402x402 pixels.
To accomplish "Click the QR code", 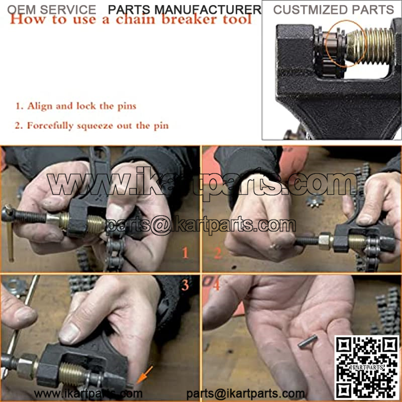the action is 367,368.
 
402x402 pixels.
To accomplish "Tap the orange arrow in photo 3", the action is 145,375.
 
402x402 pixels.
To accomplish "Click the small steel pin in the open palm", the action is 308,341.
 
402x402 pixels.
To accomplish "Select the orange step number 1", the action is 185,253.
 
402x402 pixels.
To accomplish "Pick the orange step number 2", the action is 218,253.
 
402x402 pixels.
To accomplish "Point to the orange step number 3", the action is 185,284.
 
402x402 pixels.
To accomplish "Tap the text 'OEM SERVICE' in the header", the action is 52,10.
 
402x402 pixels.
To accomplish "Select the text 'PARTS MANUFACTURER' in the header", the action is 184,10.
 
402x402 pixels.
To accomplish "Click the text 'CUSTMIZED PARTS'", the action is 334,10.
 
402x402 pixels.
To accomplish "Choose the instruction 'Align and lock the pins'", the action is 76,106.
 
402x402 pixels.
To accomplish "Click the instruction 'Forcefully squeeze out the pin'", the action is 91,126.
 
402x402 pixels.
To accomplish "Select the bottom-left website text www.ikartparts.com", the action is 88,393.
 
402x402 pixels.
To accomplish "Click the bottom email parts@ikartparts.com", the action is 245,393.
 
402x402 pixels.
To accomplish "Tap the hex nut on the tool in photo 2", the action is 325,241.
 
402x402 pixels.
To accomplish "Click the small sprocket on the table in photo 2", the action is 315,200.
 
